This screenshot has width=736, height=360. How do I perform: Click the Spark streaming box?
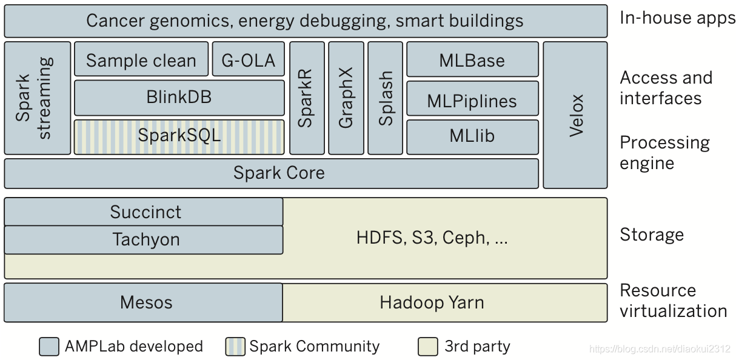(x=37, y=98)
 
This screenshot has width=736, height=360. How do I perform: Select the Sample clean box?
(x=141, y=59)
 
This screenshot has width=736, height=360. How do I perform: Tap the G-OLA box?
(x=248, y=59)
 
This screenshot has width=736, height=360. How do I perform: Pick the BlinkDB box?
(x=179, y=97)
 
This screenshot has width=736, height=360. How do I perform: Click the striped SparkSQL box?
(x=179, y=136)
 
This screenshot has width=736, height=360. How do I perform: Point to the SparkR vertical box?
(x=307, y=98)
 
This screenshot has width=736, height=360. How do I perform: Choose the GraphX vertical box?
(x=346, y=98)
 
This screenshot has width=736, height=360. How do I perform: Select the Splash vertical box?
(x=385, y=98)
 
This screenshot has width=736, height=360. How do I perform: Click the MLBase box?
(x=472, y=59)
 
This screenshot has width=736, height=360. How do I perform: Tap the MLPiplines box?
(x=472, y=100)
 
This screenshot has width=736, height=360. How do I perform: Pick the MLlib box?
(x=472, y=136)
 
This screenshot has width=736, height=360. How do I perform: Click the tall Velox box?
(x=575, y=115)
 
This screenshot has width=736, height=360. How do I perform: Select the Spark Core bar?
(x=271, y=173)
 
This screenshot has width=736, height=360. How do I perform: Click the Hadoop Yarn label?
(x=432, y=302)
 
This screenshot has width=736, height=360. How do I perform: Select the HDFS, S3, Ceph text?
(x=432, y=238)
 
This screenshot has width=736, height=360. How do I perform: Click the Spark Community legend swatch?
(x=235, y=347)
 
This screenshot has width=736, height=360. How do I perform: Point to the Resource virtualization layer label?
(x=672, y=301)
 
